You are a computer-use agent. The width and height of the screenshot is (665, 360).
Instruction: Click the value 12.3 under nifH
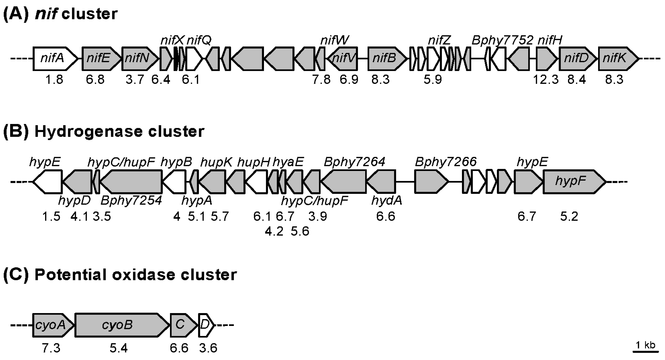[546, 80]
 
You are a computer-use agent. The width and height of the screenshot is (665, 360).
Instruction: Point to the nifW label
[335, 40]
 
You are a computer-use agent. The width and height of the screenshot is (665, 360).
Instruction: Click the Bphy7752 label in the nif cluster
[502, 40]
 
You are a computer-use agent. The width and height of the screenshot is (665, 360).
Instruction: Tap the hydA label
[387, 200]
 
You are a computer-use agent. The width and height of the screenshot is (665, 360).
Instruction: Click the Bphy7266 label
[446, 162]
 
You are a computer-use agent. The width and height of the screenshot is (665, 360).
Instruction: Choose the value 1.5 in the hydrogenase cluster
[51, 216]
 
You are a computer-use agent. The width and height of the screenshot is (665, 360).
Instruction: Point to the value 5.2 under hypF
[569, 216]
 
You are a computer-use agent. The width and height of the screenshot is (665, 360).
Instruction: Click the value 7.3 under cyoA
[51, 348]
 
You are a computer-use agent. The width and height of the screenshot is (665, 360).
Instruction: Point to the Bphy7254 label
[131, 200]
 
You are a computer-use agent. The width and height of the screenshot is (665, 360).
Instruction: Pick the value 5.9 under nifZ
[433, 80]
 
